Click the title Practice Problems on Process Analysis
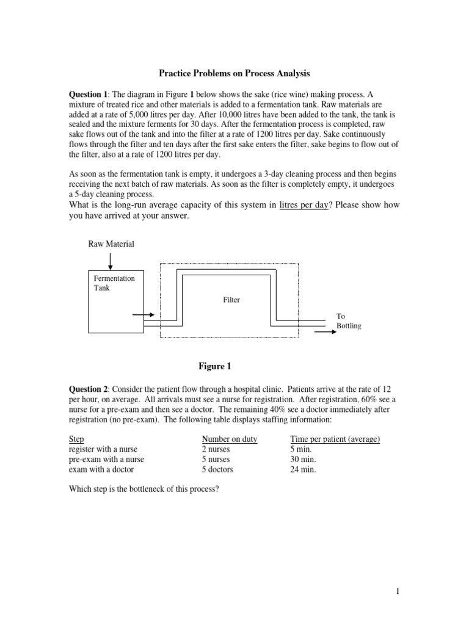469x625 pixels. coord(234,73)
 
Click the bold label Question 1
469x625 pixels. coord(89,94)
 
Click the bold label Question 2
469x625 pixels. coord(89,389)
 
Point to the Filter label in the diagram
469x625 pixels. coord(231,300)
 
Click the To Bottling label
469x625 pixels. coord(349,321)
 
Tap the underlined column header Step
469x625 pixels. coord(76,439)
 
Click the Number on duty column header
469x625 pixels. coord(229,439)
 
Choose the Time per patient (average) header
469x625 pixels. coord(335,439)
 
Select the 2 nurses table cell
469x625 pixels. coord(216,449)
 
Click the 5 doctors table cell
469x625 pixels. coord(217,469)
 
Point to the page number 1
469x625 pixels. coord(397,591)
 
